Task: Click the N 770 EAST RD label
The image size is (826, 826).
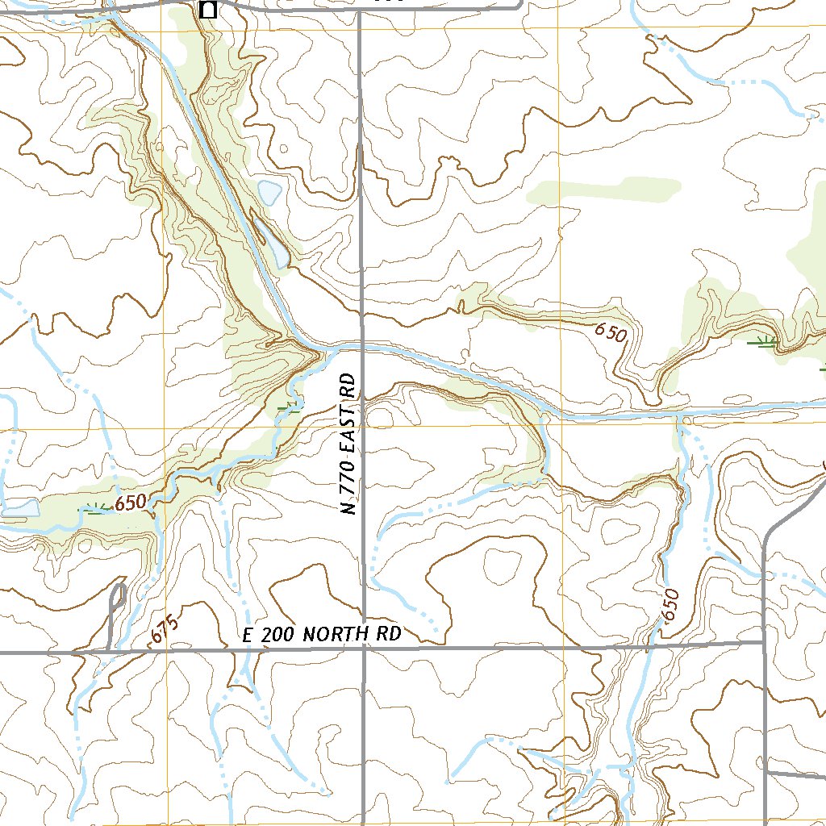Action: click(x=348, y=444)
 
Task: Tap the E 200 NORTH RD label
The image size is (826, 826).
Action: click(x=322, y=635)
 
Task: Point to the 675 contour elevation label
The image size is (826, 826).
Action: click(x=162, y=630)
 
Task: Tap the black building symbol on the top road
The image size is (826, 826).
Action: click(x=207, y=10)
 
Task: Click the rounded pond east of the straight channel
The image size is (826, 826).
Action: click(x=269, y=192)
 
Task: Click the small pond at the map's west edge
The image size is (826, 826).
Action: click(x=19, y=508)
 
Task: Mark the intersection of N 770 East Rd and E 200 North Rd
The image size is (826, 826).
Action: click(x=364, y=649)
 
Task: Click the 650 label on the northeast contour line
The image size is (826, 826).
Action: click(x=611, y=332)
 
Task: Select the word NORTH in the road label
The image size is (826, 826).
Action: click(x=326, y=635)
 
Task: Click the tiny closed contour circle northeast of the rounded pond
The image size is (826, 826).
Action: click(x=285, y=150)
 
